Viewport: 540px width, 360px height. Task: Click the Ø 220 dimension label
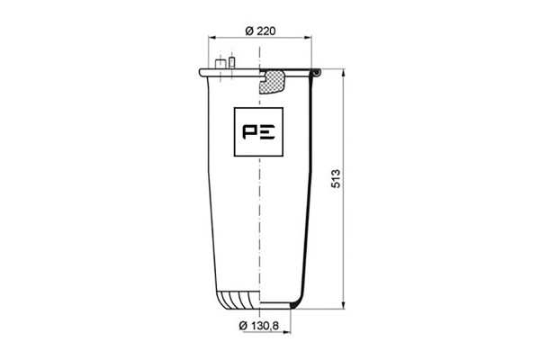[x=260, y=31]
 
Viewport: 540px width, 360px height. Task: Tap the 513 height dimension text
[x=336, y=178]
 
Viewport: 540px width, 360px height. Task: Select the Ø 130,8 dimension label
[x=259, y=325]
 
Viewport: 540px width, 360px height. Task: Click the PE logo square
[x=258, y=132]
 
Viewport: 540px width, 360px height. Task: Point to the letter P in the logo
[x=249, y=132]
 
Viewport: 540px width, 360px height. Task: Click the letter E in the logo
[x=267, y=132]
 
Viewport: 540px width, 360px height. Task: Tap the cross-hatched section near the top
[x=272, y=82]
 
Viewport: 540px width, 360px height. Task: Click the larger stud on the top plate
[x=220, y=64]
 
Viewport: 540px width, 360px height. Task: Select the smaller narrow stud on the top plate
[x=232, y=62]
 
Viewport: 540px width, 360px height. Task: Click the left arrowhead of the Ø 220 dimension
[x=211, y=38]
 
